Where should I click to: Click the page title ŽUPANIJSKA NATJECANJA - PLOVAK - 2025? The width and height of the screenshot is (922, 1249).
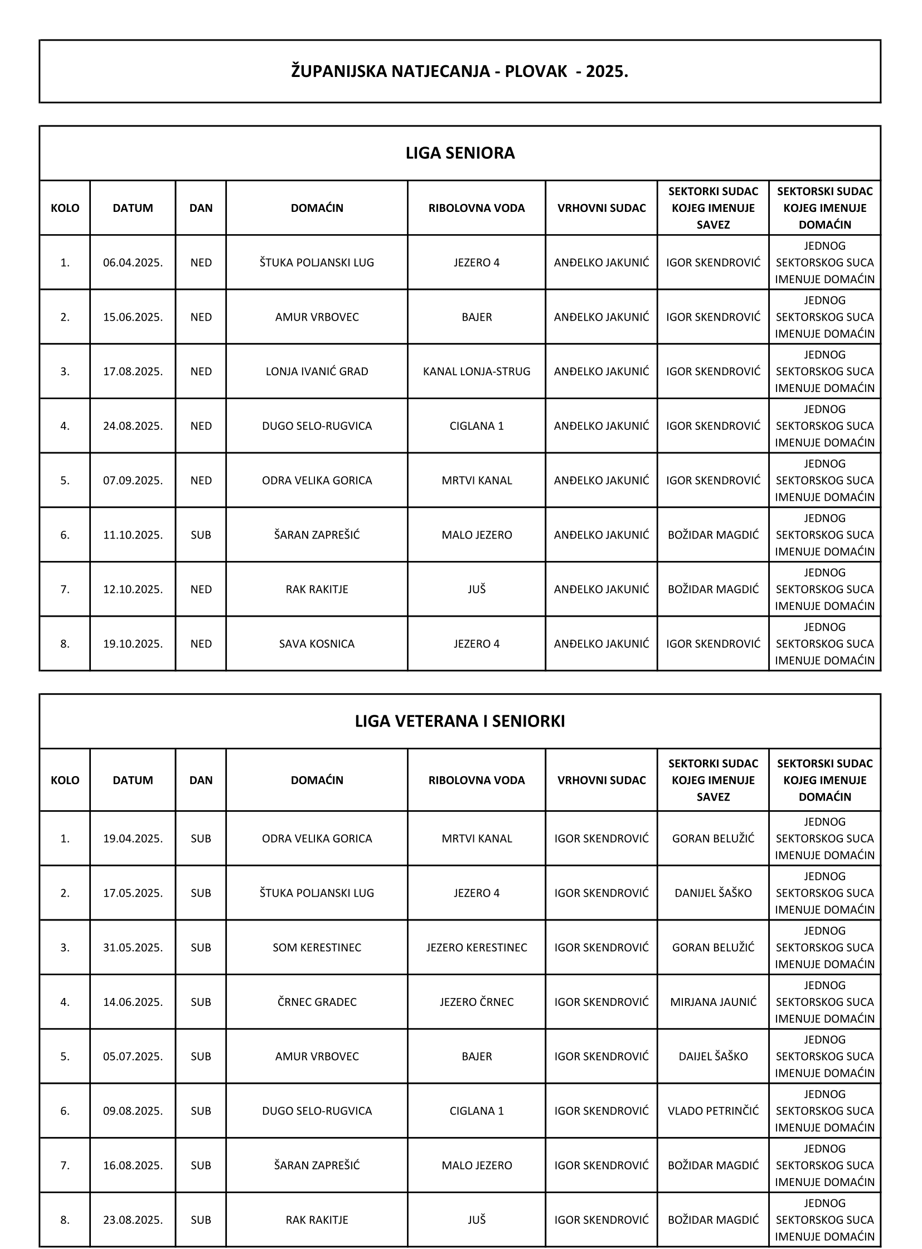[459, 72]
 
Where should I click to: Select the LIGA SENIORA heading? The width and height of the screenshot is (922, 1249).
[459, 153]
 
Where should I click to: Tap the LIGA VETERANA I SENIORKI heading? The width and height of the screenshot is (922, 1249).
[459, 722]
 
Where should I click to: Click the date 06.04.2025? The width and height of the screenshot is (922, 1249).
[133, 263]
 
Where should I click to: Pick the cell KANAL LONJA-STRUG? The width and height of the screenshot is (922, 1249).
[476, 371]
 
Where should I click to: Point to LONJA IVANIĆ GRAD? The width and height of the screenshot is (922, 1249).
[317, 371]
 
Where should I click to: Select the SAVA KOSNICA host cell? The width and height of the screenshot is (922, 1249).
[317, 644]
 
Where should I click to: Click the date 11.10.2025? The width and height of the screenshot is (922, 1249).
[133, 535]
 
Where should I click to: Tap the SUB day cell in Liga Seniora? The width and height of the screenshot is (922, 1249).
[201, 535]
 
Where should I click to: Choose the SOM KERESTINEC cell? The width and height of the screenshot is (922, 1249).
[317, 947]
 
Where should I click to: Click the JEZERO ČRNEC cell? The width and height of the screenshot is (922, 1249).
[476, 1001]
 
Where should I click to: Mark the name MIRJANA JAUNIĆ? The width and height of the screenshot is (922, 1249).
[713, 1001]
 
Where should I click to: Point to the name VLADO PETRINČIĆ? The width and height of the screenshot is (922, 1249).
[713, 1111]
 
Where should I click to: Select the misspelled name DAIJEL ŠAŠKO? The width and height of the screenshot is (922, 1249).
[713, 1057]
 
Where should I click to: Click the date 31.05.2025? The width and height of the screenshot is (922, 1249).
[133, 947]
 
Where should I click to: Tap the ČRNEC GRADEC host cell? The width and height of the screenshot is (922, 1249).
[317, 1001]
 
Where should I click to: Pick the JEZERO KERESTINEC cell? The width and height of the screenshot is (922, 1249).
[476, 947]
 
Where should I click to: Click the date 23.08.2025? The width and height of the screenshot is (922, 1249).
[133, 1220]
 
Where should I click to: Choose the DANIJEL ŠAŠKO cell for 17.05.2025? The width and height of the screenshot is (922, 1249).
[713, 893]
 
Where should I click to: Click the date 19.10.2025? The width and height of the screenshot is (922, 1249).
[133, 644]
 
